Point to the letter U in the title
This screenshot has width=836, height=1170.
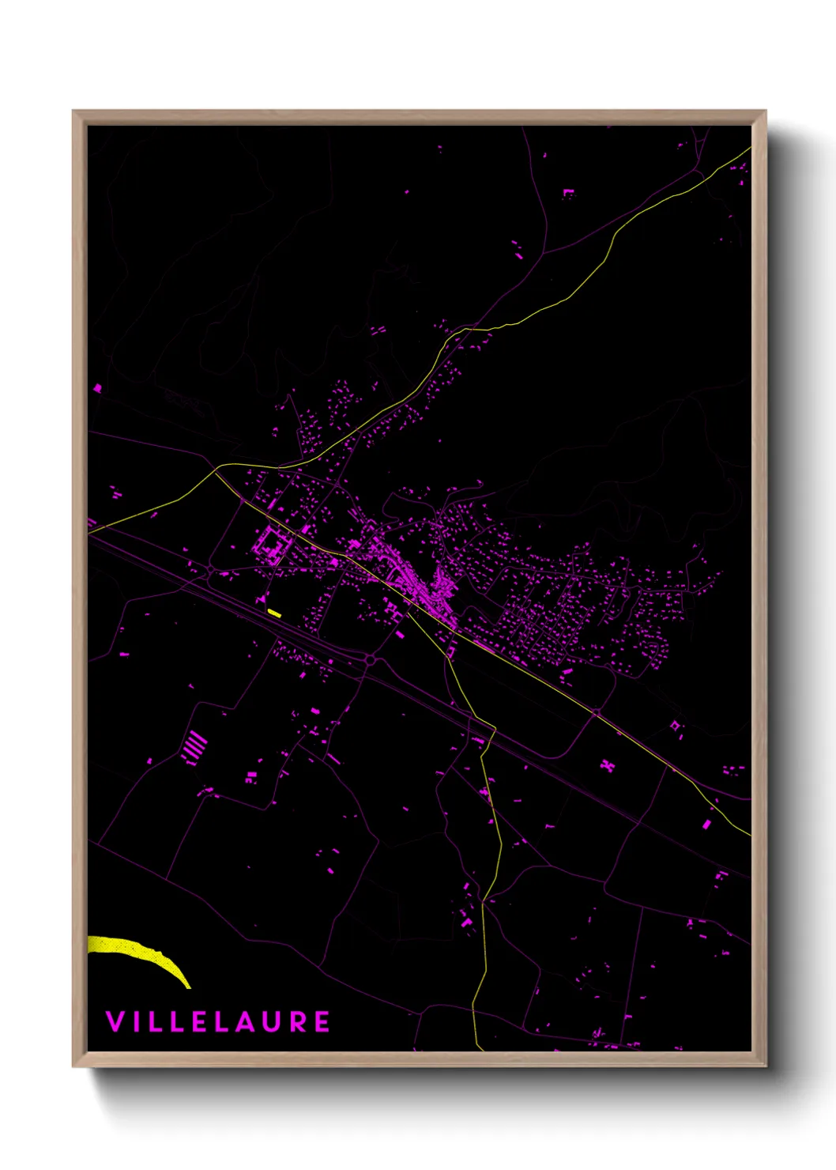pyautogui.click(x=273, y=1021)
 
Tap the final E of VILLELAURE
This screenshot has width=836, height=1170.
pyautogui.click(x=322, y=1021)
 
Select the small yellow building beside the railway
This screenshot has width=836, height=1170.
pyautogui.click(x=274, y=612)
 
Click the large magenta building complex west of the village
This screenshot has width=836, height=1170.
pyautogui.click(x=271, y=545)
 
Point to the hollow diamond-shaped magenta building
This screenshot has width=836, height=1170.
pyautogui.click(x=675, y=725)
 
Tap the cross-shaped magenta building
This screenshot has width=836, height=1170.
pyautogui.click(x=607, y=765)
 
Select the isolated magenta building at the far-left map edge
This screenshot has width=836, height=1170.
pyautogui.click(x=98, y=388)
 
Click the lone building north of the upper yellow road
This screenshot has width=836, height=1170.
pyautogui.click(x=568, y=193)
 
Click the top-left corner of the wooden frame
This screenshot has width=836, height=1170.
pyautogui.click(x=73, y=111)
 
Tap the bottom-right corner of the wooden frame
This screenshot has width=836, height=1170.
pyautogui.click(x=765, y=1066)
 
